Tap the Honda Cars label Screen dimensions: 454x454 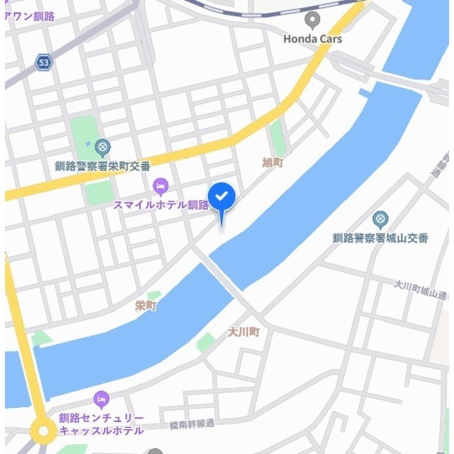(x=312, y=39)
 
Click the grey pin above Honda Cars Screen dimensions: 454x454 (x=312, y=19)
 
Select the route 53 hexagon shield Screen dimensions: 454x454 (x=44, y=63)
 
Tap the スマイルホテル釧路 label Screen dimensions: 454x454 (x=161, y=205)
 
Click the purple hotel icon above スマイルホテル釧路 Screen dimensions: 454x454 (x=161, y=187)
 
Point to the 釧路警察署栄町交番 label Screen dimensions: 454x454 (x=103, y=166)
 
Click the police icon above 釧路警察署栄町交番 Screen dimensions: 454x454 (x=103, y=148)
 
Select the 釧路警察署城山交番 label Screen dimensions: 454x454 (x=380, y=238)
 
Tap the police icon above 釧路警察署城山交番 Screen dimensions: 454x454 (x=380, y=218)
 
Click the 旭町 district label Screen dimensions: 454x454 (x=272, y=162)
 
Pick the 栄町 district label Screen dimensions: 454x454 (x=145, y=306)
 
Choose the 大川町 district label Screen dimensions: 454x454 (x=244, y=332)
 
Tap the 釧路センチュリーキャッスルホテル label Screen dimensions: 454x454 (x=101, y=424)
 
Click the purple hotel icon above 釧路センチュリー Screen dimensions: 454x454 (x=101, y=399)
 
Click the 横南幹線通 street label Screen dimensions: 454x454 (x=192, y=425)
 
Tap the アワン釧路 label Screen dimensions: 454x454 (x=30, y=16)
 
